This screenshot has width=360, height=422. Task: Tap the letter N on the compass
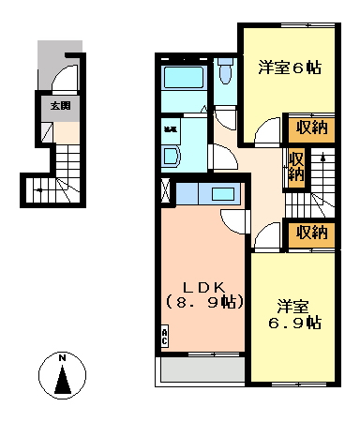[x=63, y=357]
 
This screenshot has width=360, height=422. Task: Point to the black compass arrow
[x=63, y=381]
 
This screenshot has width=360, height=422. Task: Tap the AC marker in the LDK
[x=166, y=336]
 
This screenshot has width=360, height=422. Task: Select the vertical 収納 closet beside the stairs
[x=296, y=166]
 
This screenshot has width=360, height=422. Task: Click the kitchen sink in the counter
[x=224, y=195]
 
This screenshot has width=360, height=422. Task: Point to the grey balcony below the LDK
[x=202, y=371]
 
